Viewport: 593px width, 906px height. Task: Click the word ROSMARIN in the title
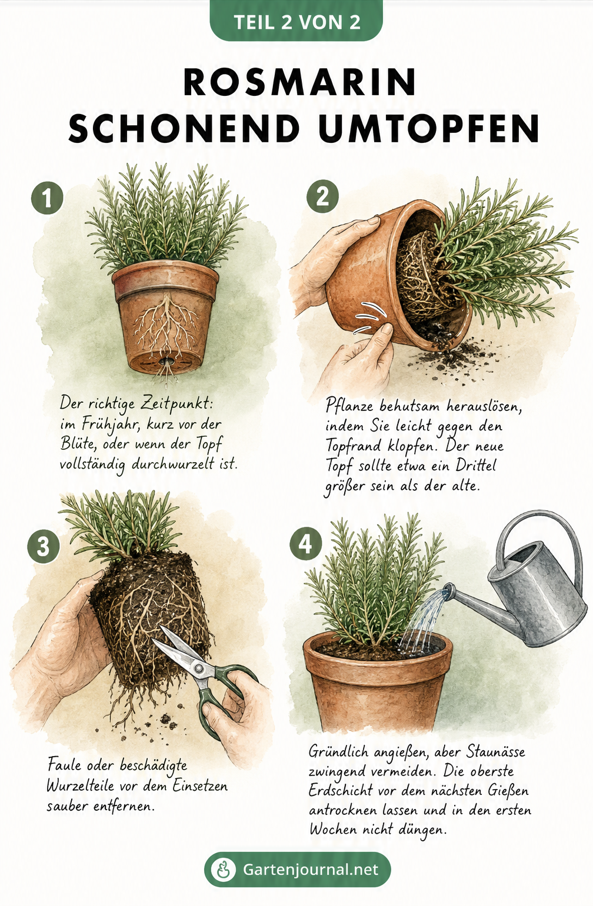(x=300, y=82)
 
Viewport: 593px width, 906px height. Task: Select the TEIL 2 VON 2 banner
(x=296, y=21)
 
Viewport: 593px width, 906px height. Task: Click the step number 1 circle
(x=48, y=198)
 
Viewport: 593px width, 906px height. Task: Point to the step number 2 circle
(x=322, y=196)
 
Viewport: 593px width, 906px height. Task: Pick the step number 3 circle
(x=44, y=546)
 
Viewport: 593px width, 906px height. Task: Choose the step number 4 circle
(x=305, y=544)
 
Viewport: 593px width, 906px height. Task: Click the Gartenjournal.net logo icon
(x=224, y=870)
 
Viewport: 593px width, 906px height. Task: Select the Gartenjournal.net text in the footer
(x=311, y=869)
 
